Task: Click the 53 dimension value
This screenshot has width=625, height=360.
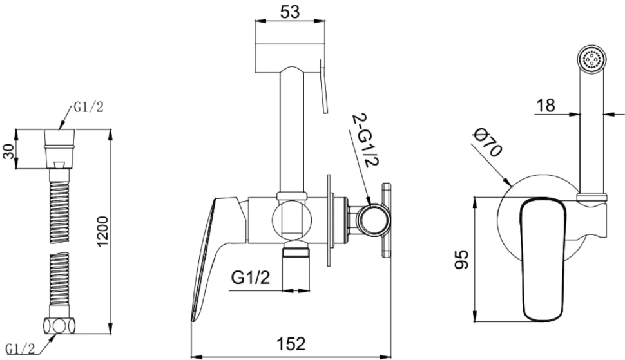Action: pos(290,12)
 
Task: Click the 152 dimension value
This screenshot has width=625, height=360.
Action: pos(291,343)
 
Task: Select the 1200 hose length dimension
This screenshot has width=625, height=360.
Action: pos(103,231)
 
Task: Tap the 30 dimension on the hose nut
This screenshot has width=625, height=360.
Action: pos(9,151)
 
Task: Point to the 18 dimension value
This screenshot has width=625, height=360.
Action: pos(545,106)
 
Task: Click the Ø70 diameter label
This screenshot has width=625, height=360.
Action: pos(487,142)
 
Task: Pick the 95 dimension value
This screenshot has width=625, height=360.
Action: pos(462,260)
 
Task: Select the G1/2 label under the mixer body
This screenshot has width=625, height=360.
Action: pos(251,277)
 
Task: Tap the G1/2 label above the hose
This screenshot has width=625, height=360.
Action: pos(88,107)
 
